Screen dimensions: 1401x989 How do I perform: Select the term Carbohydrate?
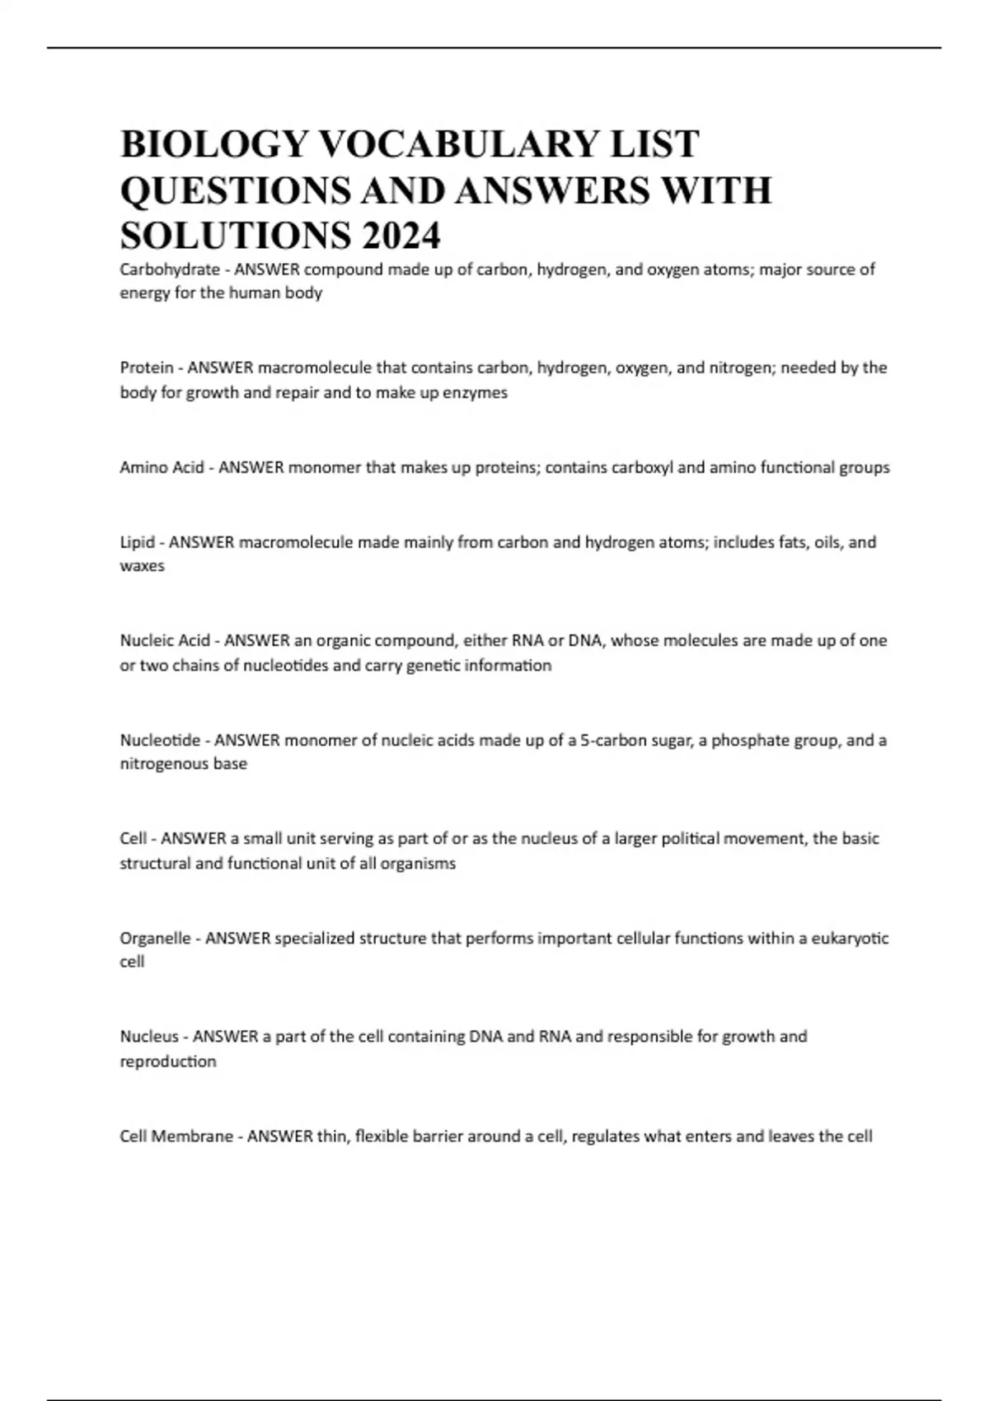click(x=170, y=269)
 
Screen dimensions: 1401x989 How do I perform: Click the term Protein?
click(x=147, y=368)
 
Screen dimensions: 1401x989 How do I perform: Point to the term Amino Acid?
click(x=162, y=468)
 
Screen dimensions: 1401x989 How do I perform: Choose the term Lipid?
click(x=137, y=542)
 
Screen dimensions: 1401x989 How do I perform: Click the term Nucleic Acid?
click(x=165, y=640)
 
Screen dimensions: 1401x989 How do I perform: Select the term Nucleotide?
click(x=160, y=740)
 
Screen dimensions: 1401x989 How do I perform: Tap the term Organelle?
click(x=155, y=938)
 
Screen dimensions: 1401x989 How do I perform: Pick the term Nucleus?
click(x=149, y=1037)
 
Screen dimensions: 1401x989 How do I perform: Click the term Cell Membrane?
click(x=176, y=1136)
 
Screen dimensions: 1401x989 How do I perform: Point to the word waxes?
click(x=143, y=566)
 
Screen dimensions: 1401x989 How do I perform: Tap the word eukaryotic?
click(x=851, y=938)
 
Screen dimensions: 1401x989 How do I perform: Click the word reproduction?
click(x=168, y=1061)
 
